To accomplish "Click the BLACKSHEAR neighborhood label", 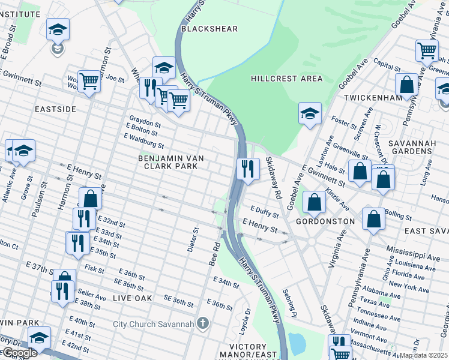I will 209,29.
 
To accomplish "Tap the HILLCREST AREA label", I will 286,79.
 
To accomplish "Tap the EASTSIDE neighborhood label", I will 55,109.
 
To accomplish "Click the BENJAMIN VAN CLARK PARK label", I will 171,163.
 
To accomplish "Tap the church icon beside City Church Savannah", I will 203,324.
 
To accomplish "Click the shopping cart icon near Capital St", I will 427,50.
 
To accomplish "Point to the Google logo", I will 19,353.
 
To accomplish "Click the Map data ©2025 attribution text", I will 423,355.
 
